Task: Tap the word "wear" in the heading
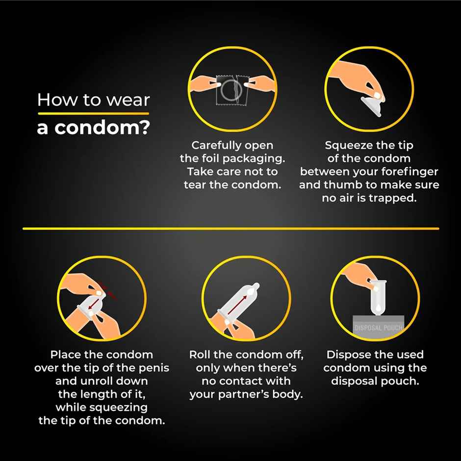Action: click(x=126, y=100)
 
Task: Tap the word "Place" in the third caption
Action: click(x=67, y=355)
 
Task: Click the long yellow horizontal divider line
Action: click(x=230, y=229)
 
